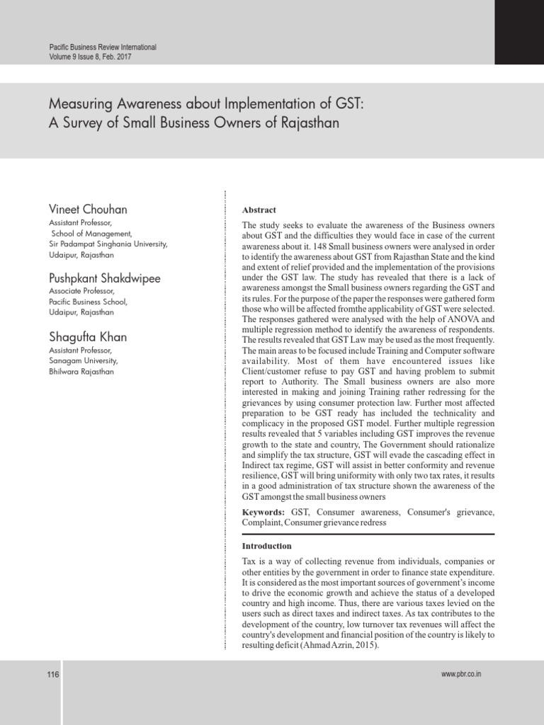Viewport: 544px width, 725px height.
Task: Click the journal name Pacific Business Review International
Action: point(102,47)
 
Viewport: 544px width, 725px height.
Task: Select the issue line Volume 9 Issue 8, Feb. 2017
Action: point(89,57)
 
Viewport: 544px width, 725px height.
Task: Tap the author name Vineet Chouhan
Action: point(88,210)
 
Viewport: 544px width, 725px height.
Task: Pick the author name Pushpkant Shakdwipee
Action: point(105,278)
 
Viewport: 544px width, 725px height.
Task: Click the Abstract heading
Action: point(259,210)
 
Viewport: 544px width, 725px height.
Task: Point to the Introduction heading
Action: point(266,546)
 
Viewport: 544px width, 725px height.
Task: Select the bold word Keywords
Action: point(263,511)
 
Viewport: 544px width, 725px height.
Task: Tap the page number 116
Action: point(52,675)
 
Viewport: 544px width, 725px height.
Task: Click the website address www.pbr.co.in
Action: point(461,675)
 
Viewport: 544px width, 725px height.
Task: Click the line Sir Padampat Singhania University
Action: point(108,244)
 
